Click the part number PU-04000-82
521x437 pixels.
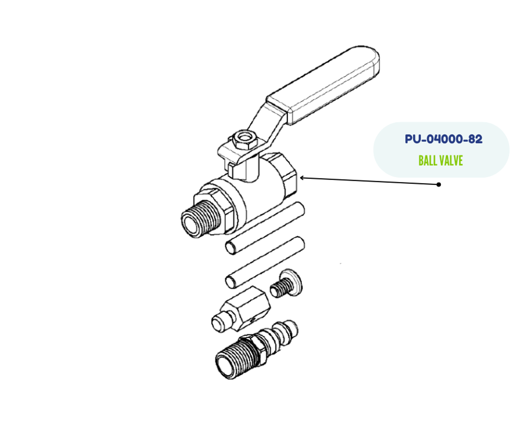[443, 139]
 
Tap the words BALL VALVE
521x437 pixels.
[440, 160]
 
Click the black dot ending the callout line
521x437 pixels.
[438, 184]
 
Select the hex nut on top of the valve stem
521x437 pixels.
[244, 140]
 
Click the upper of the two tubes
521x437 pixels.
[265, 228]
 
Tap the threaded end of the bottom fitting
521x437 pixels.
[234, 356]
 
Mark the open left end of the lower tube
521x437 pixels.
[230, 281]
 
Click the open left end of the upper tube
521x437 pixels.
[230, 247]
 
